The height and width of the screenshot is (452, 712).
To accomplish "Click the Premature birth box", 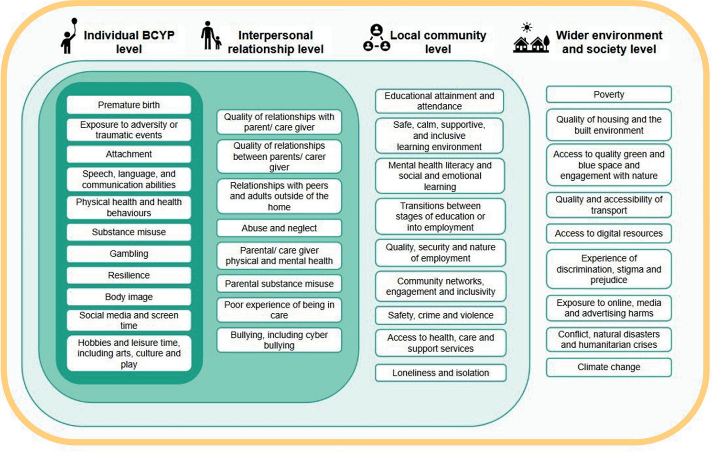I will tap(129, 105).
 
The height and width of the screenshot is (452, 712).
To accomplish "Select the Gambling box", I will tap(129, 254).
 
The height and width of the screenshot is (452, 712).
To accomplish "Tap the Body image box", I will tap(129, 297).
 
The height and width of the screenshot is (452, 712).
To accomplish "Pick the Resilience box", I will tap(129, 275).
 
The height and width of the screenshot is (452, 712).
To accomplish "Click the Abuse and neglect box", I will tap(279, 228).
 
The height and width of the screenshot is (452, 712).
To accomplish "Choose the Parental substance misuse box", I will tap(279, 284).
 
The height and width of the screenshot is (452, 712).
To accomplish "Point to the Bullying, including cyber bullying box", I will tap(279, 340).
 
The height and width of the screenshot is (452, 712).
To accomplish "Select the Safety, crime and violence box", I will tap(440, 315).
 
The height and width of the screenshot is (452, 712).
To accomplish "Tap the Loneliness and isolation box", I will tap(440, 373).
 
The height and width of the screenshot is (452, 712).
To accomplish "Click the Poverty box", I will tap(608, 95).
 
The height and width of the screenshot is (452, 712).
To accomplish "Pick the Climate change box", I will tap(608, 367).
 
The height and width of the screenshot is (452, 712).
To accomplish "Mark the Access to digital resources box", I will tap(608, 233).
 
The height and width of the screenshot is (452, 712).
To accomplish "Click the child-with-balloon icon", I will tap(69, 36).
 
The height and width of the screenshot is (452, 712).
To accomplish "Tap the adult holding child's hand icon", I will tap(210, 36).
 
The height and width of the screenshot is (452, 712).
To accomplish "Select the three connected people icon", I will tap(377, 38).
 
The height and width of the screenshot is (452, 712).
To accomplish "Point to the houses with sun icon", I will tap(530, 38).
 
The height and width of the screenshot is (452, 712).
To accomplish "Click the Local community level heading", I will tap(438, 42).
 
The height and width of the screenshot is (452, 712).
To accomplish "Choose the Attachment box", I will tap(129, 154).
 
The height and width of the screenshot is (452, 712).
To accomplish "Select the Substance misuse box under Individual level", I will tap(129, 232).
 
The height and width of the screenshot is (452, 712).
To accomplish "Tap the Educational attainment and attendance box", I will tap(439, 101).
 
